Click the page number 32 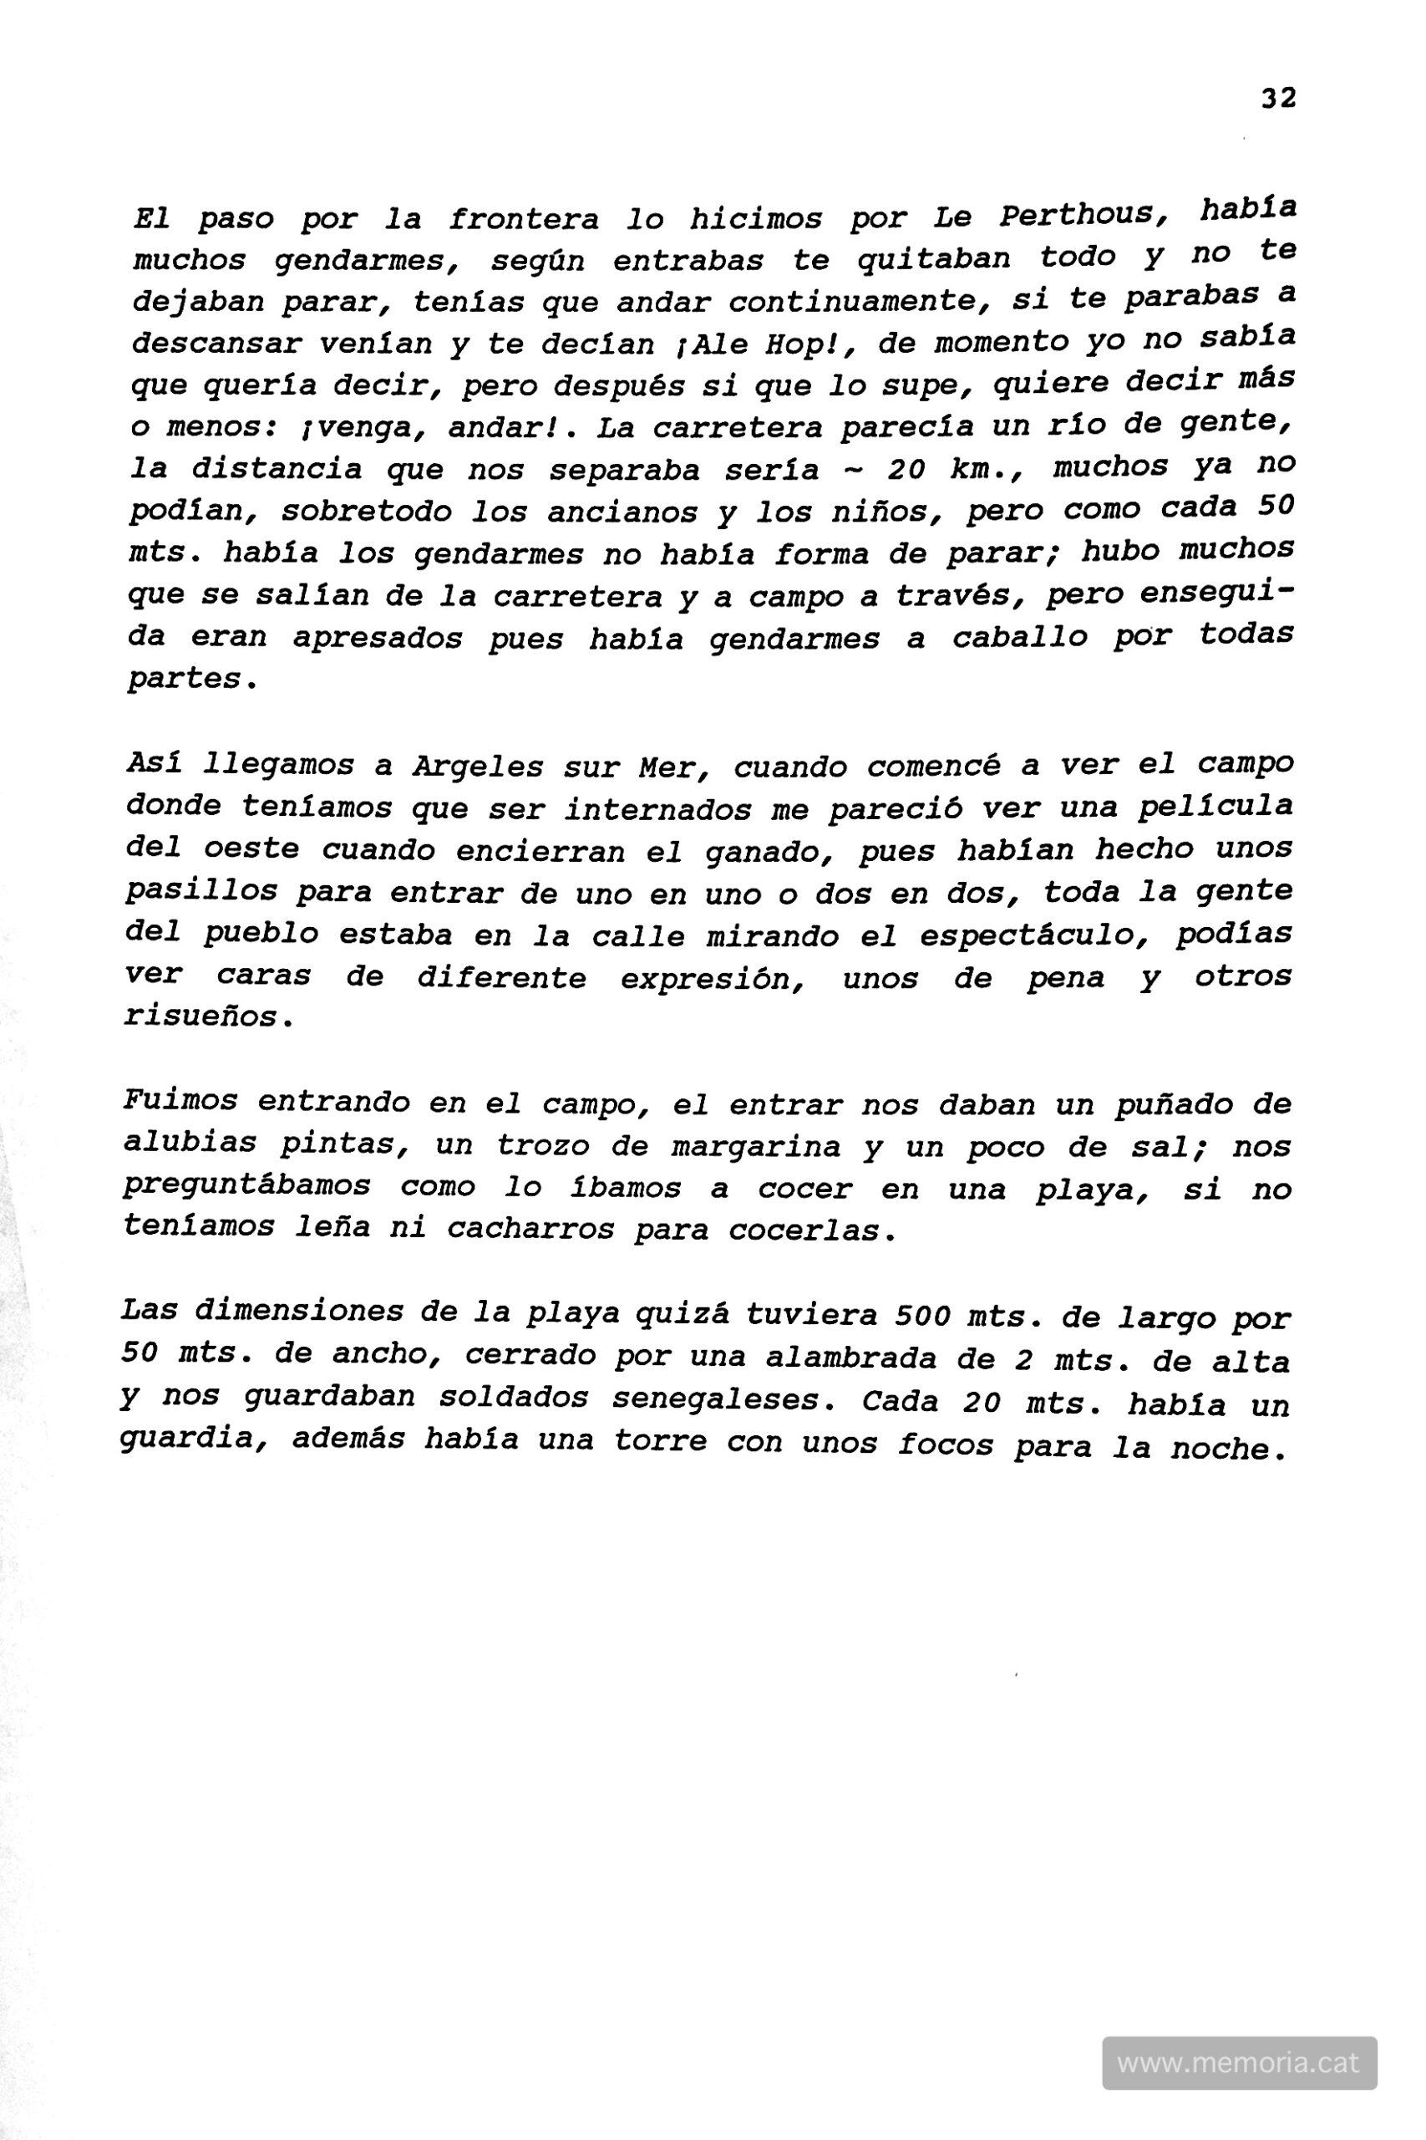1278,99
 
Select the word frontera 523,220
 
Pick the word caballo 1019,637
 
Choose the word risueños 207,1016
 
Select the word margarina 756,1146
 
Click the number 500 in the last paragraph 920,1316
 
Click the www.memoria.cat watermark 1239,2061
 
